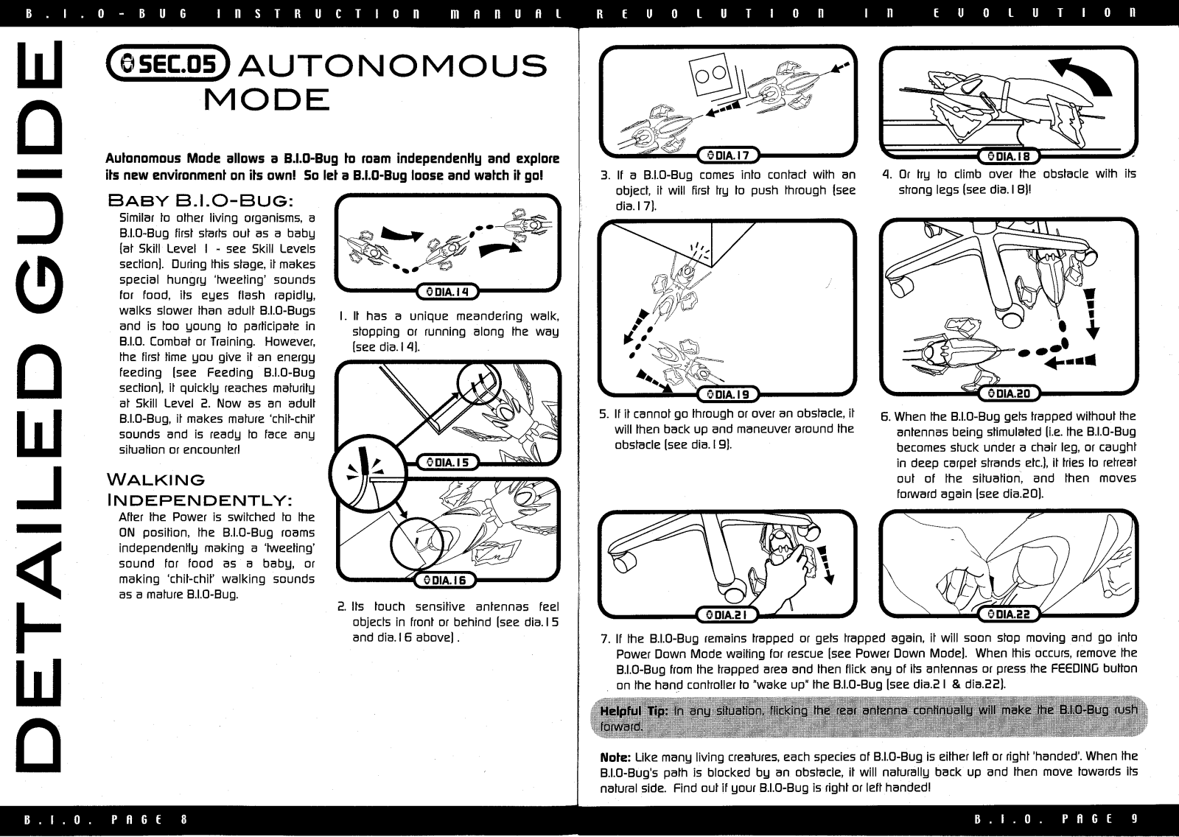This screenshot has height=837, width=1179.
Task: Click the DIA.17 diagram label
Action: point(728,155)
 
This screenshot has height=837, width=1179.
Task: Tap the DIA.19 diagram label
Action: point(728,395)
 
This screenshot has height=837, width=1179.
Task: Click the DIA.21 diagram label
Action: point(728,614)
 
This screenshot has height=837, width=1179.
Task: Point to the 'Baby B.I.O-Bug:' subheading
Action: point(201,200)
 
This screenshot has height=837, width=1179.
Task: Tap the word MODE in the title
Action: point(266,99)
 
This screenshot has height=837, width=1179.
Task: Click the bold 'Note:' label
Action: point(615,757)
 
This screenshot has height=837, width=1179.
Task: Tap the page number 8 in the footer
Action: point(183,819)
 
